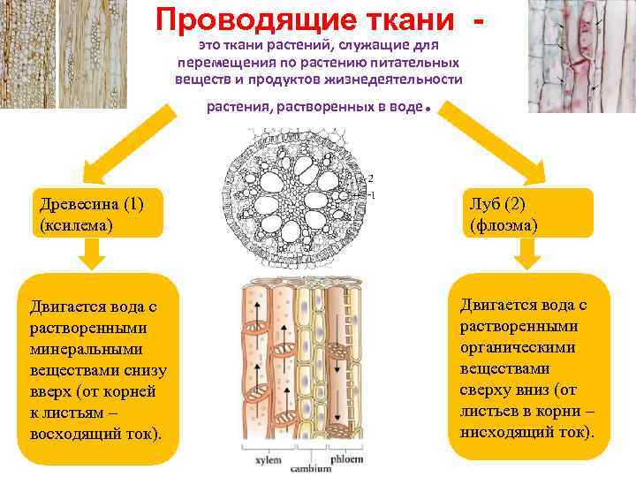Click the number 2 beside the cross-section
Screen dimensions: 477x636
[x=382, y=178]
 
